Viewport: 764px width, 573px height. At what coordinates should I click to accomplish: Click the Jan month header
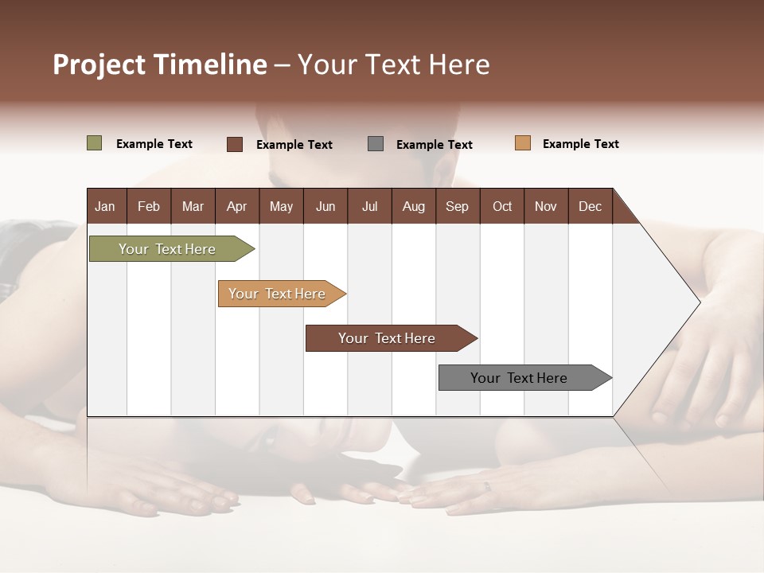click(x=106, y=206)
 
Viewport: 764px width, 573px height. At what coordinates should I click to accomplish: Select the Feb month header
click(x=149, y=206)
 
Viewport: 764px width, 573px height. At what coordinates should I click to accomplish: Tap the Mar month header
click(x=193, y=206)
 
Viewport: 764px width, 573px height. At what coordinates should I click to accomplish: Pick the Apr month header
click(x=237, y=206)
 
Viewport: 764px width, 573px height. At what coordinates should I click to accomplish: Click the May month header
click(x=281, y=206)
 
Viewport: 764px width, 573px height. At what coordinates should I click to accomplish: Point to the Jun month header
click(x=325, y=206)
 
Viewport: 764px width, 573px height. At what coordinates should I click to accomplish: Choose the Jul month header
click(x=369, y=206)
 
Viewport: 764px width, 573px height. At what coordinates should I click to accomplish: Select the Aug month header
click(x=414, y=206)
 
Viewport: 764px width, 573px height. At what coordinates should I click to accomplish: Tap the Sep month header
click(x=458, y=206)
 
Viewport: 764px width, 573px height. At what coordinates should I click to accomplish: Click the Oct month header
click(x=502, y=206)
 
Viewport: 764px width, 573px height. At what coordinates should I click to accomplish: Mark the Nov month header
click(x=546, y=206)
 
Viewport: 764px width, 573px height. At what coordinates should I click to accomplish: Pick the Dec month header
click(x=590, y=206)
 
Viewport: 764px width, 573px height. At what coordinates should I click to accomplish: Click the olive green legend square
click(x=95, y=143)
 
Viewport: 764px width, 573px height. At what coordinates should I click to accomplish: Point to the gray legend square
click(x=376, y=143)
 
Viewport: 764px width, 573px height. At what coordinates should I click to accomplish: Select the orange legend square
click(x=523, y=143)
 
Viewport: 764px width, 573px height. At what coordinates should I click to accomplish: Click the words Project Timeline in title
click(x=160, y=64)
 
